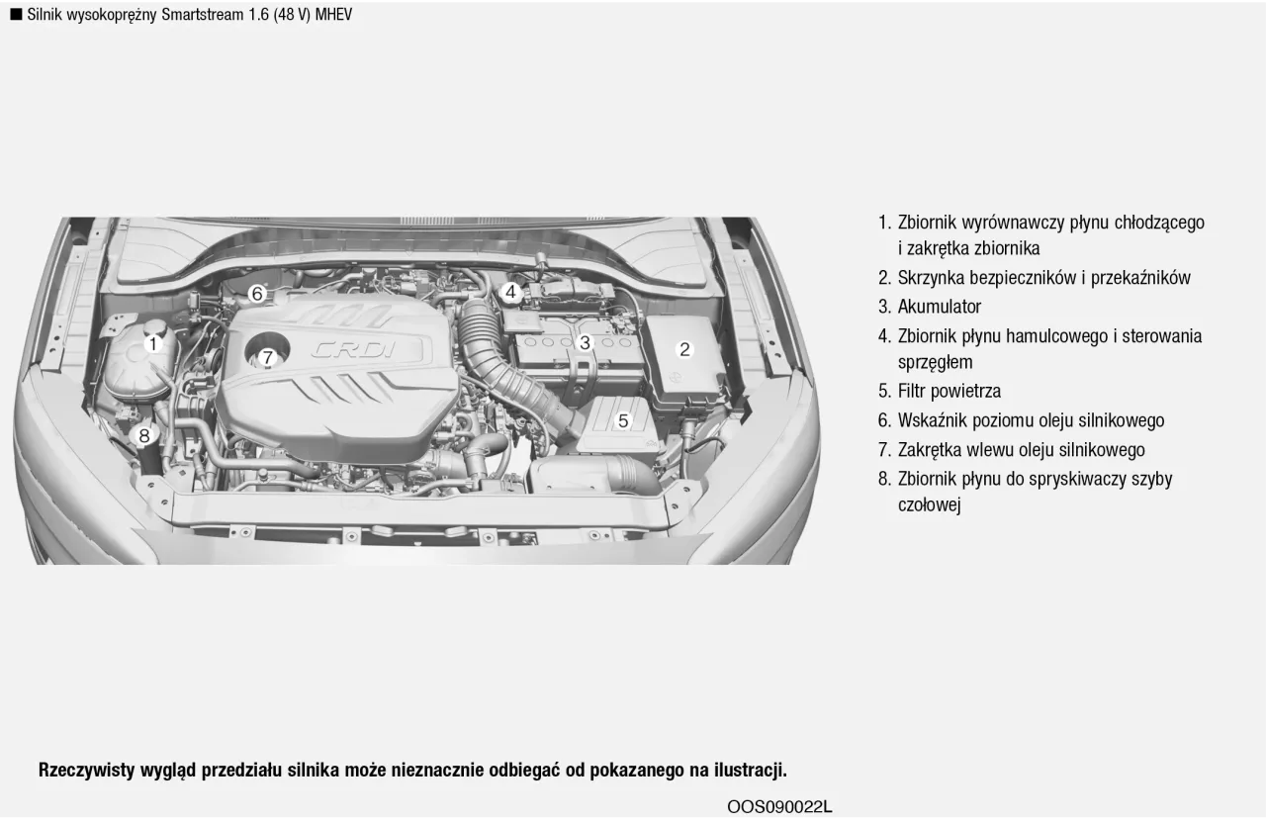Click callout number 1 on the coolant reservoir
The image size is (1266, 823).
coord(153,344)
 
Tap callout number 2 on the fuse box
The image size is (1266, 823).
coord(683,349)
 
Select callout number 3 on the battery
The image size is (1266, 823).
coord(585,342)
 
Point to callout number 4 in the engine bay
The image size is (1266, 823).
coord(510,292)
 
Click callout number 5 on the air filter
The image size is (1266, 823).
coord(622,420)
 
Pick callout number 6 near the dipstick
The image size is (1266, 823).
coord(257,293)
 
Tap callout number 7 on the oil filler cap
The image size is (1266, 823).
coord(267,357)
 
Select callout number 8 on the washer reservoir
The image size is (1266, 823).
coord(144,434)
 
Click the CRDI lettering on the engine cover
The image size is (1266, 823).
coord(354,349)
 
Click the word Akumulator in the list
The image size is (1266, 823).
coord(939,307)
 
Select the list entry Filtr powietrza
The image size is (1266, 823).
coord(949,391)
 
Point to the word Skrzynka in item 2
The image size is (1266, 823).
coord(933,278)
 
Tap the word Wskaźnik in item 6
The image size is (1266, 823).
coord(933,420)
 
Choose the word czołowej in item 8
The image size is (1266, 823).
coord(929,505)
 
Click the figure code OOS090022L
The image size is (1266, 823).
coord(779,806)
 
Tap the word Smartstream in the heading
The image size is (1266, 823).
coord(197,15)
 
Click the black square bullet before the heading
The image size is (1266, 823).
coord(16,14)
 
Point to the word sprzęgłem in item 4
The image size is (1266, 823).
coord(935,362)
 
